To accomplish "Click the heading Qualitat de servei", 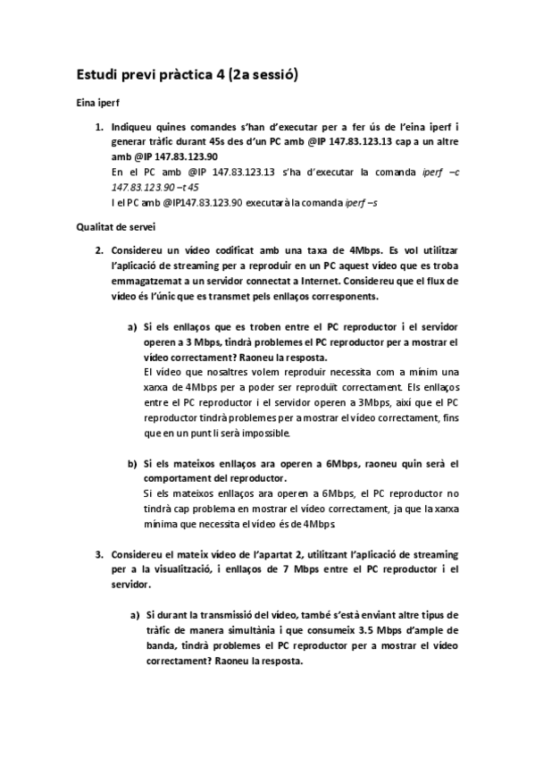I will point(111,227).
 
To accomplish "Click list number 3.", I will point(100,555).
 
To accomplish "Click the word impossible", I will point(288,434).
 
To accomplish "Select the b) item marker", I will point(134,463).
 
